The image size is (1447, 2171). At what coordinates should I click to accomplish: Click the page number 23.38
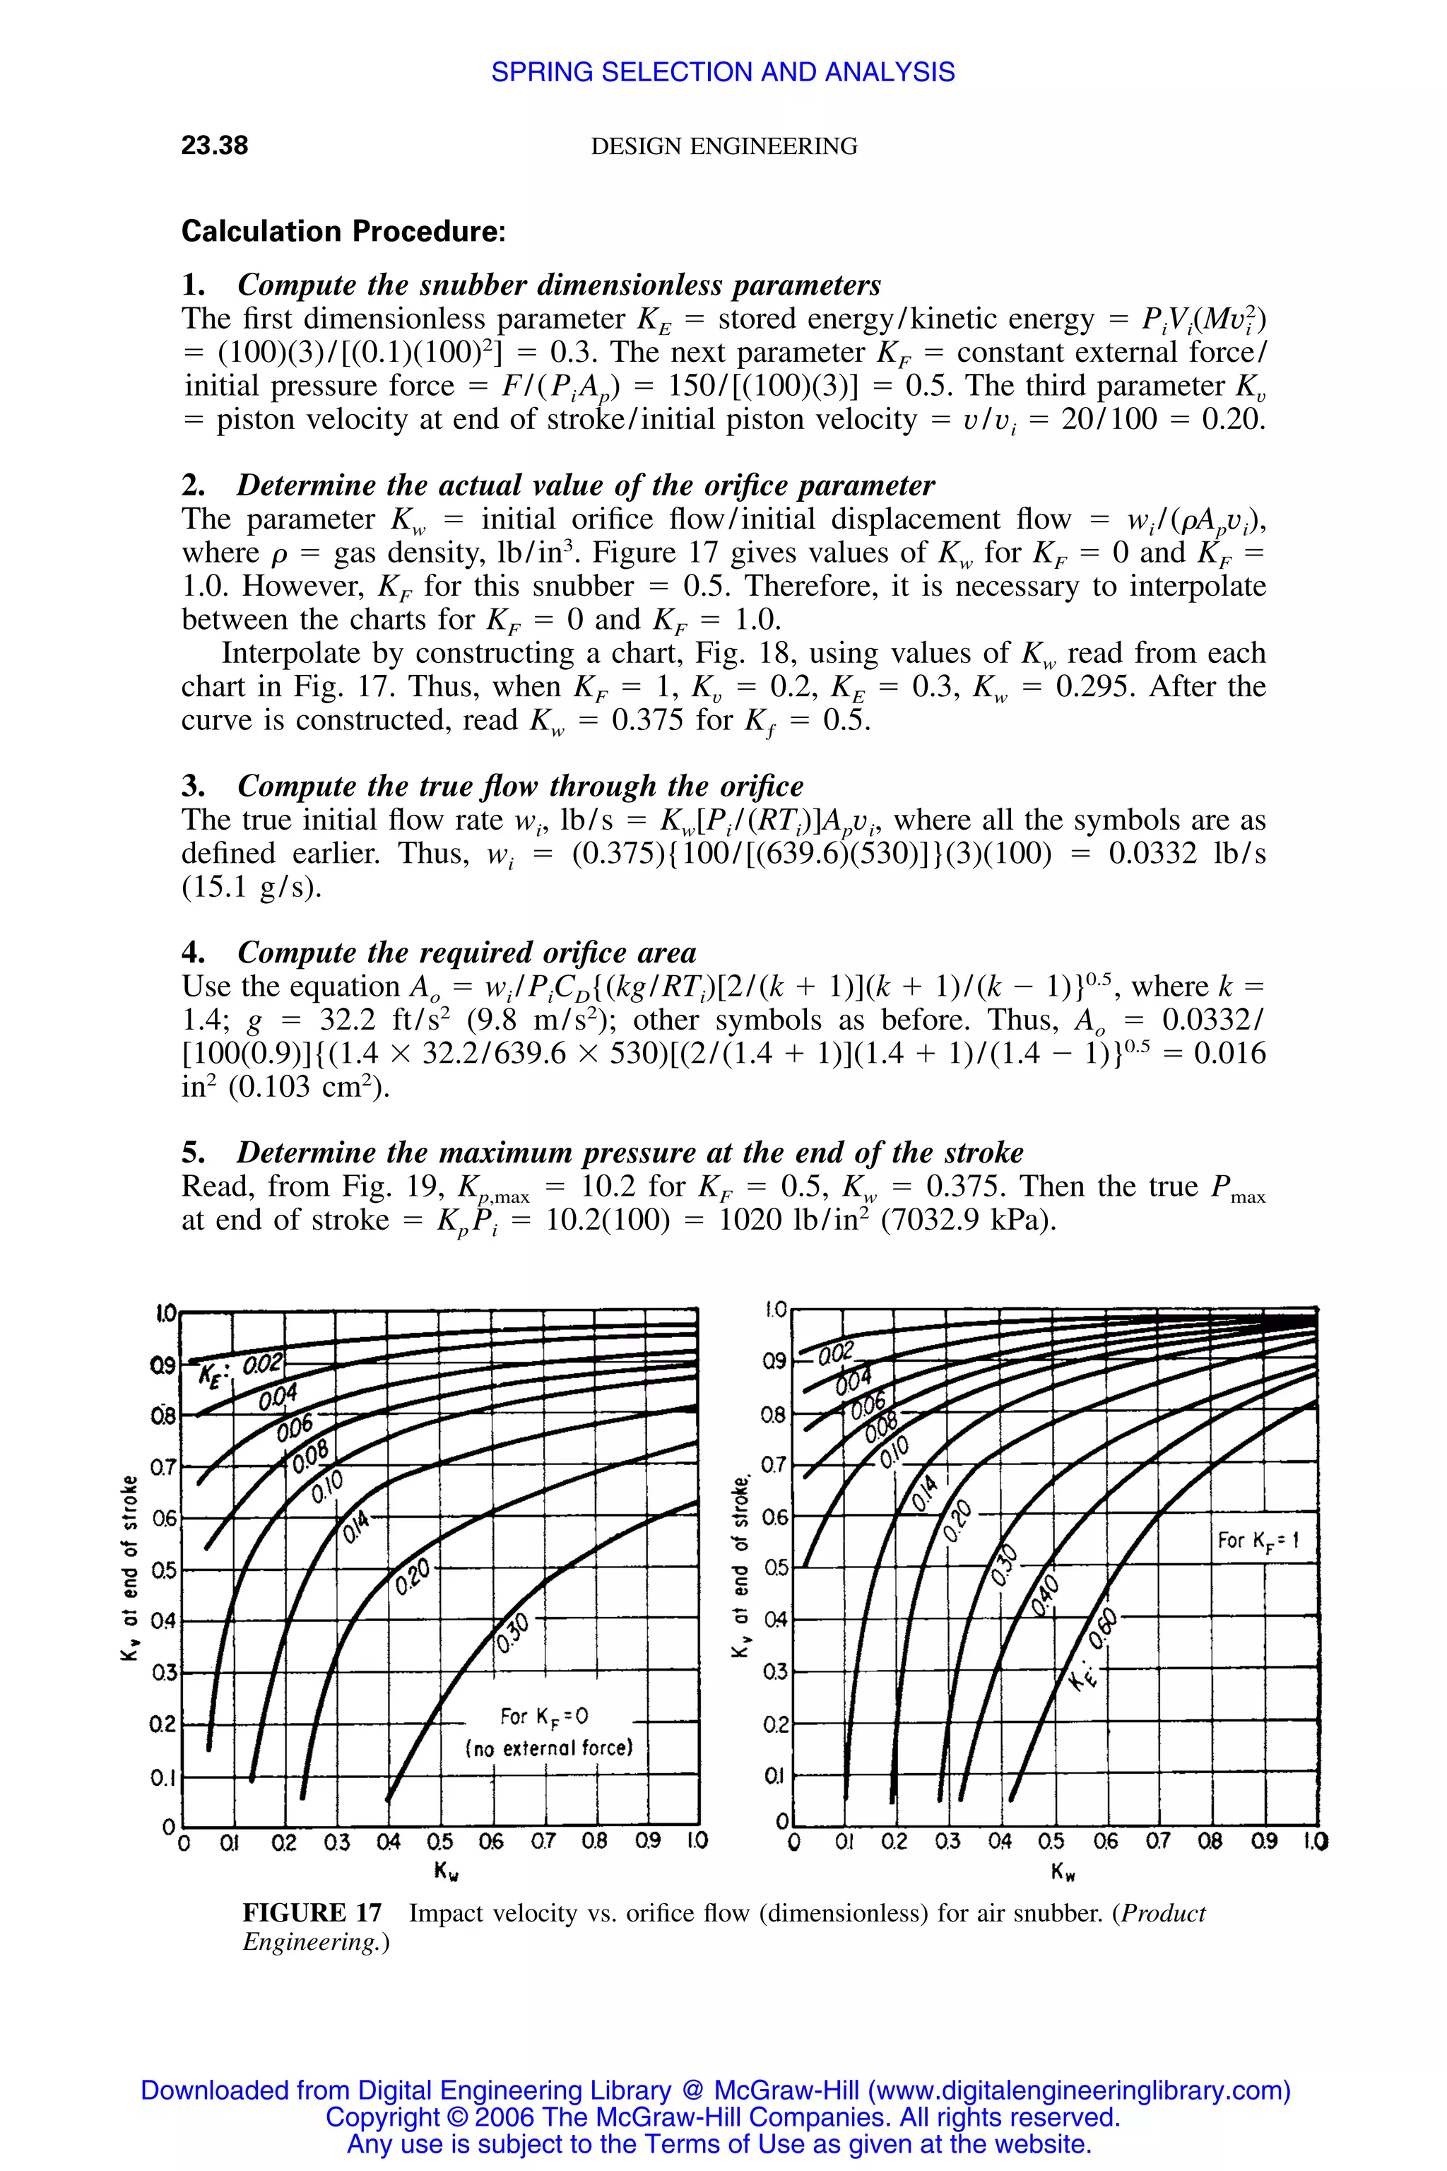coord(214,146)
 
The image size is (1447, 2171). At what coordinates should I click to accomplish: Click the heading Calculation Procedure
coord(343,231)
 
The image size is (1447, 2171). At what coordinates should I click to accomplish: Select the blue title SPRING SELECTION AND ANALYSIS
coord(723,72)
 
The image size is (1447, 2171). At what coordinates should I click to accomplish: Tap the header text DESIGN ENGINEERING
coord(723,146)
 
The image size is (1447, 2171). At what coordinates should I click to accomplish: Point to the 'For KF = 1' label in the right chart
coord(1258,1540)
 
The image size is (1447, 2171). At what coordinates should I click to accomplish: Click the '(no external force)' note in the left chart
coord(549,1748)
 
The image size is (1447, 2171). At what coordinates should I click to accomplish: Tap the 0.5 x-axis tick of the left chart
coord(440,1842)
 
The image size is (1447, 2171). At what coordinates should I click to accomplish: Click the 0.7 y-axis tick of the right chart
coord(774,1466)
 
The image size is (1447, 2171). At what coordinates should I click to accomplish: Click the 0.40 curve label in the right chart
coord(1046,1596)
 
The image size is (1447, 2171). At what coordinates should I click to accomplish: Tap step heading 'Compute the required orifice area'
coord(467,953)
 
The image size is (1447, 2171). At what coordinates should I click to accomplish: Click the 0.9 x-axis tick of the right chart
coord(1264,1842)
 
